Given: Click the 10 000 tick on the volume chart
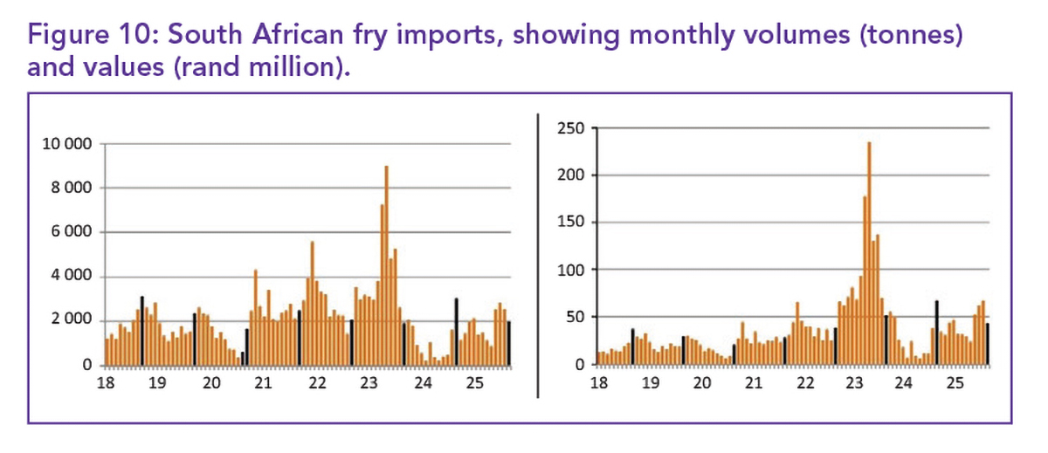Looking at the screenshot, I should point(67,144).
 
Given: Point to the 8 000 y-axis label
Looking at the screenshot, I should point(71,189).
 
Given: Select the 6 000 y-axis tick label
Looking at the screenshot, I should point(71,233).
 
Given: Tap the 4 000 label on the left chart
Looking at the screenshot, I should point(71,278).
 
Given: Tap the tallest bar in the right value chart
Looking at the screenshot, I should point(869,252).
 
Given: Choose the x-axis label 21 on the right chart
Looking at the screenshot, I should point(753,383).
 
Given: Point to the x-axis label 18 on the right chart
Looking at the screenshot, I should point(599,383).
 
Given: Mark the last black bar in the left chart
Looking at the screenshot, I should point(509,343).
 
